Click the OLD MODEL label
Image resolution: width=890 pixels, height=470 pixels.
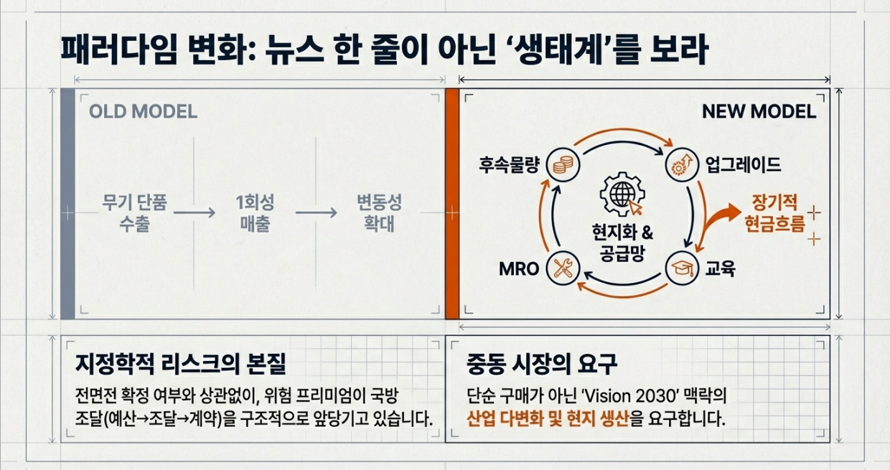click(x=143, y=113)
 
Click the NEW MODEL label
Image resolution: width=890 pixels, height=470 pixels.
click(x=759, y=112)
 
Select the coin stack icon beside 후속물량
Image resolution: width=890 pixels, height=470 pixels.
click(x=562, y=165)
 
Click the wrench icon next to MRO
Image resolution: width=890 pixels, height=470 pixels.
click(x=562, y=268)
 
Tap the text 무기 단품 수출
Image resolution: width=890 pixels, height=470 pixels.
click(x=133, y=213)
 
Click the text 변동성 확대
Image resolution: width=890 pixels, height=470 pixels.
click(x=380, y=213)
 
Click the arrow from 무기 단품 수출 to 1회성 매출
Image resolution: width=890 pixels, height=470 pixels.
click(x=194, y=213)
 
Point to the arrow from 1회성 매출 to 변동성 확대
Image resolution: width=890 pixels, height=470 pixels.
click(x=316, y=213)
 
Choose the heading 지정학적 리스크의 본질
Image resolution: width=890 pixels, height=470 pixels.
click(x=180, y=364)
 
